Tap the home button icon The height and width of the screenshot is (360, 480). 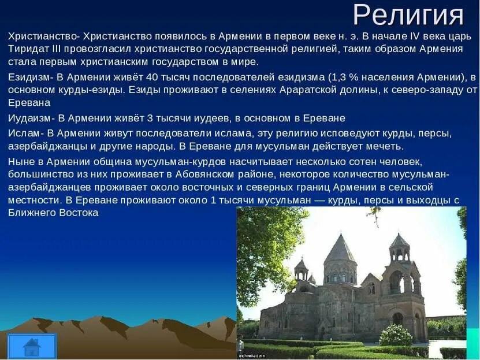pos(32,346)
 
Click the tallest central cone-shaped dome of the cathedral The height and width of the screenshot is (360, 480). pos(340,251)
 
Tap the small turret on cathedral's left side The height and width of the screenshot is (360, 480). pos(301,271)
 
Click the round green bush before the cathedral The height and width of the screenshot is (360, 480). pos(396,336)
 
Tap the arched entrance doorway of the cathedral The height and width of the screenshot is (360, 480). pos(398,319)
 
